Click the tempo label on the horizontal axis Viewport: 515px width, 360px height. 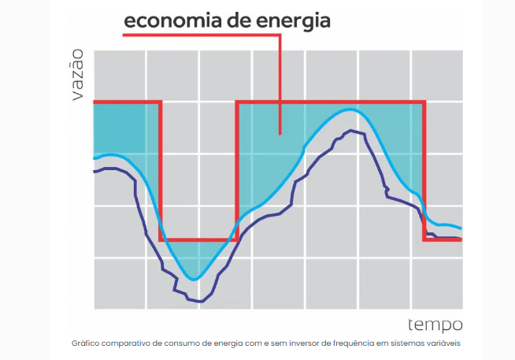[x=435, y=325]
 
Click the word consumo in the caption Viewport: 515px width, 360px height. [x=184, y=344]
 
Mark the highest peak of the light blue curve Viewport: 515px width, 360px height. [x=351, y=109]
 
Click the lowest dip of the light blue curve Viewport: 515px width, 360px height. [x=194, y=279]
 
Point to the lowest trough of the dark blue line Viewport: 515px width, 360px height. [x=201, y=301]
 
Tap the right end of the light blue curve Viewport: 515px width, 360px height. [x=461, y=228]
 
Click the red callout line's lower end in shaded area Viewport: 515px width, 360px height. [x=280, y=133]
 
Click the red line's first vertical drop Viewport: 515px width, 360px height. [x=161, y=169]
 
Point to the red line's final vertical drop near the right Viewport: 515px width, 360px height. [x=424, y=169]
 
